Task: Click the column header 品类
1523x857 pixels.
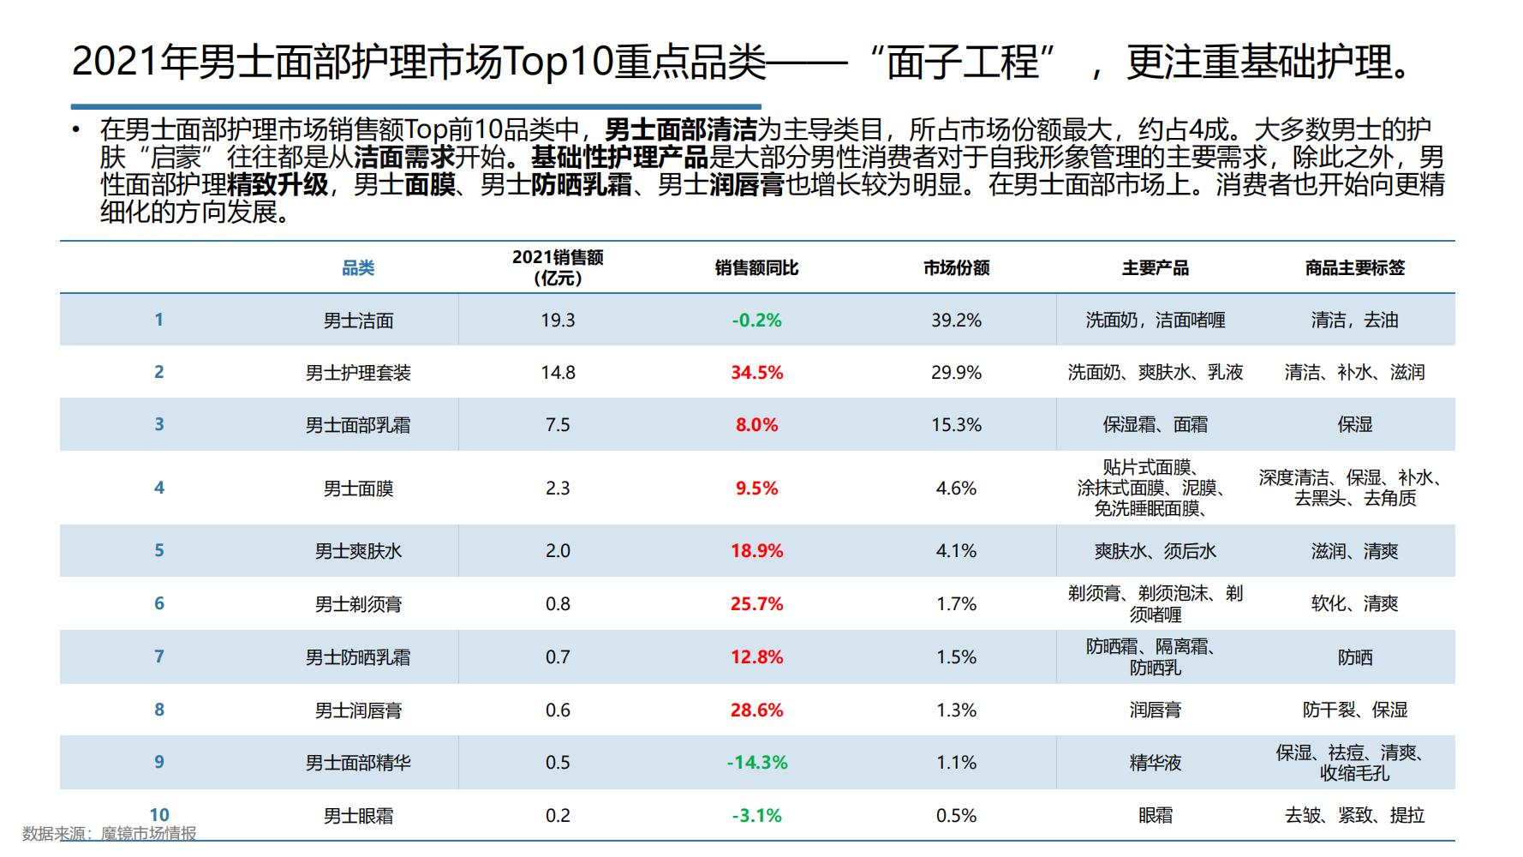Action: (x=358, y=268)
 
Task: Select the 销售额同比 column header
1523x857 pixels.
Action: (x=756, y=268)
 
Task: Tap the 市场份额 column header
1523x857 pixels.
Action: (x=956, y=268)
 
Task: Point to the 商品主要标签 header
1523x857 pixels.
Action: (x=1354, y=268)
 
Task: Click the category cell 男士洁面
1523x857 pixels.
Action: (x=358, y=321)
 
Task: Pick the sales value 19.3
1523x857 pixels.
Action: (x=558, y=321)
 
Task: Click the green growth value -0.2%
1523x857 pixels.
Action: (x=756, y=321)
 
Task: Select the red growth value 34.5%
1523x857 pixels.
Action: (x=756, y=373)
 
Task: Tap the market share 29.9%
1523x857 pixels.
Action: (x=956, y=373)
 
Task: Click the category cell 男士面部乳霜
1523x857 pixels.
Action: (x=358, y=425)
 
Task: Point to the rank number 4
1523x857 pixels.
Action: (x=158, y=488)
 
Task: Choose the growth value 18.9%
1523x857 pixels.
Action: (x=756, y=551)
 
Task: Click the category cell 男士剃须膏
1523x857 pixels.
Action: (x=358, y=604)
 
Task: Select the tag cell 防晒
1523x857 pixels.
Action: (x=1354, y=657)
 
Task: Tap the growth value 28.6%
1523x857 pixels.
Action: (x=756, y=710)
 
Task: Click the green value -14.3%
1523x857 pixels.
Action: (x=756, y=763)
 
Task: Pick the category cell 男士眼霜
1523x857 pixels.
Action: (x=358, y=816)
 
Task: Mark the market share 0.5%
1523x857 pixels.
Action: (x=956, y=816)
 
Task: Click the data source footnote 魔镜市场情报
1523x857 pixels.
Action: (x=148, y=833)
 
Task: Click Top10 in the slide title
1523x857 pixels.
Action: (x=558, y=62)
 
